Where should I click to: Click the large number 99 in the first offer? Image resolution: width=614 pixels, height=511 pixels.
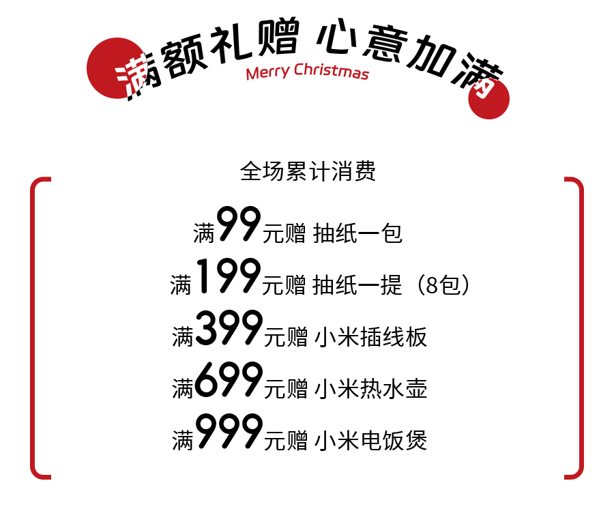[x=239, y=224]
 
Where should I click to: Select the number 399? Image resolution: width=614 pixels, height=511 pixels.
[x=229, y=327]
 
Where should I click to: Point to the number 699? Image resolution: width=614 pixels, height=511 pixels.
[x=229, y=379]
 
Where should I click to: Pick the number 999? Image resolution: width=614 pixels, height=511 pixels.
[x=229, y=431]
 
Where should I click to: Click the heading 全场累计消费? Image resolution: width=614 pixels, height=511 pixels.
[x=308, y=171]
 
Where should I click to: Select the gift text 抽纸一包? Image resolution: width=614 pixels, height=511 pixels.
[x=358, y=233]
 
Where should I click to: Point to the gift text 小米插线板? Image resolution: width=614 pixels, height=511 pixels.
[x=370, y=337]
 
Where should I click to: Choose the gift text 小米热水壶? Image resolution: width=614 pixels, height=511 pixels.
[x=370, y=388]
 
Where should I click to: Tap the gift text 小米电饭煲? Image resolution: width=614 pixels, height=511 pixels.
[x=370, y=440]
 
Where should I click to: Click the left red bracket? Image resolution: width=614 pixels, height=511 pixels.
[x=32, y=328]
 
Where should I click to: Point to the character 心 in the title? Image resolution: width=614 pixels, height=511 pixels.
[x=336, y=37]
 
